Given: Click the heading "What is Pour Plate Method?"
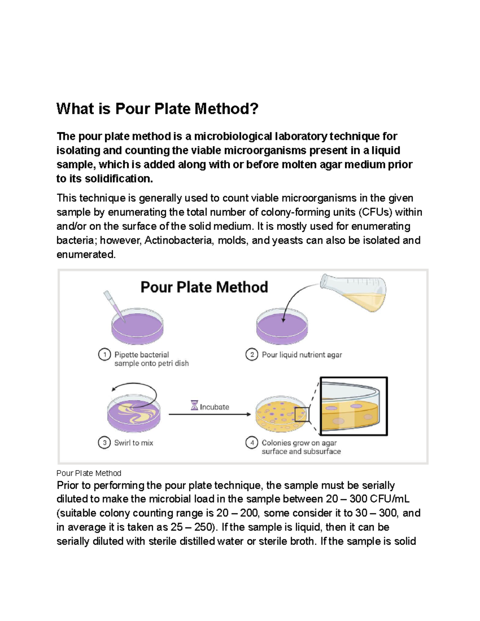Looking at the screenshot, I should [x=158, y=109].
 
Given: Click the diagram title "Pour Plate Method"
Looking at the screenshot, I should [x=204, y=287].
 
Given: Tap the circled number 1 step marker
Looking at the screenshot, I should [x=104, y=355].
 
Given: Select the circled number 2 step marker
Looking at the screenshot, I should [x=252, y=355].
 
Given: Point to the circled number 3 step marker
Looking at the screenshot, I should [x=104, y=443].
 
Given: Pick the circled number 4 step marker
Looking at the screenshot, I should [x=252, y=443].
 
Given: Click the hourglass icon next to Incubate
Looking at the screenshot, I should [x=194, y=406].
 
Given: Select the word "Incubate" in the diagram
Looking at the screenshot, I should [x=214, y=407].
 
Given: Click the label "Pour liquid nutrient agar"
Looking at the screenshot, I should [x=302, y=355].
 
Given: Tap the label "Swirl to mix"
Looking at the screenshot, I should [x=134, y=443].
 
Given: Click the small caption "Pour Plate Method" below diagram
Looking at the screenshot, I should [x=89, y=473].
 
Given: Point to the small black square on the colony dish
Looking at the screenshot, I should [x=302, y=414].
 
